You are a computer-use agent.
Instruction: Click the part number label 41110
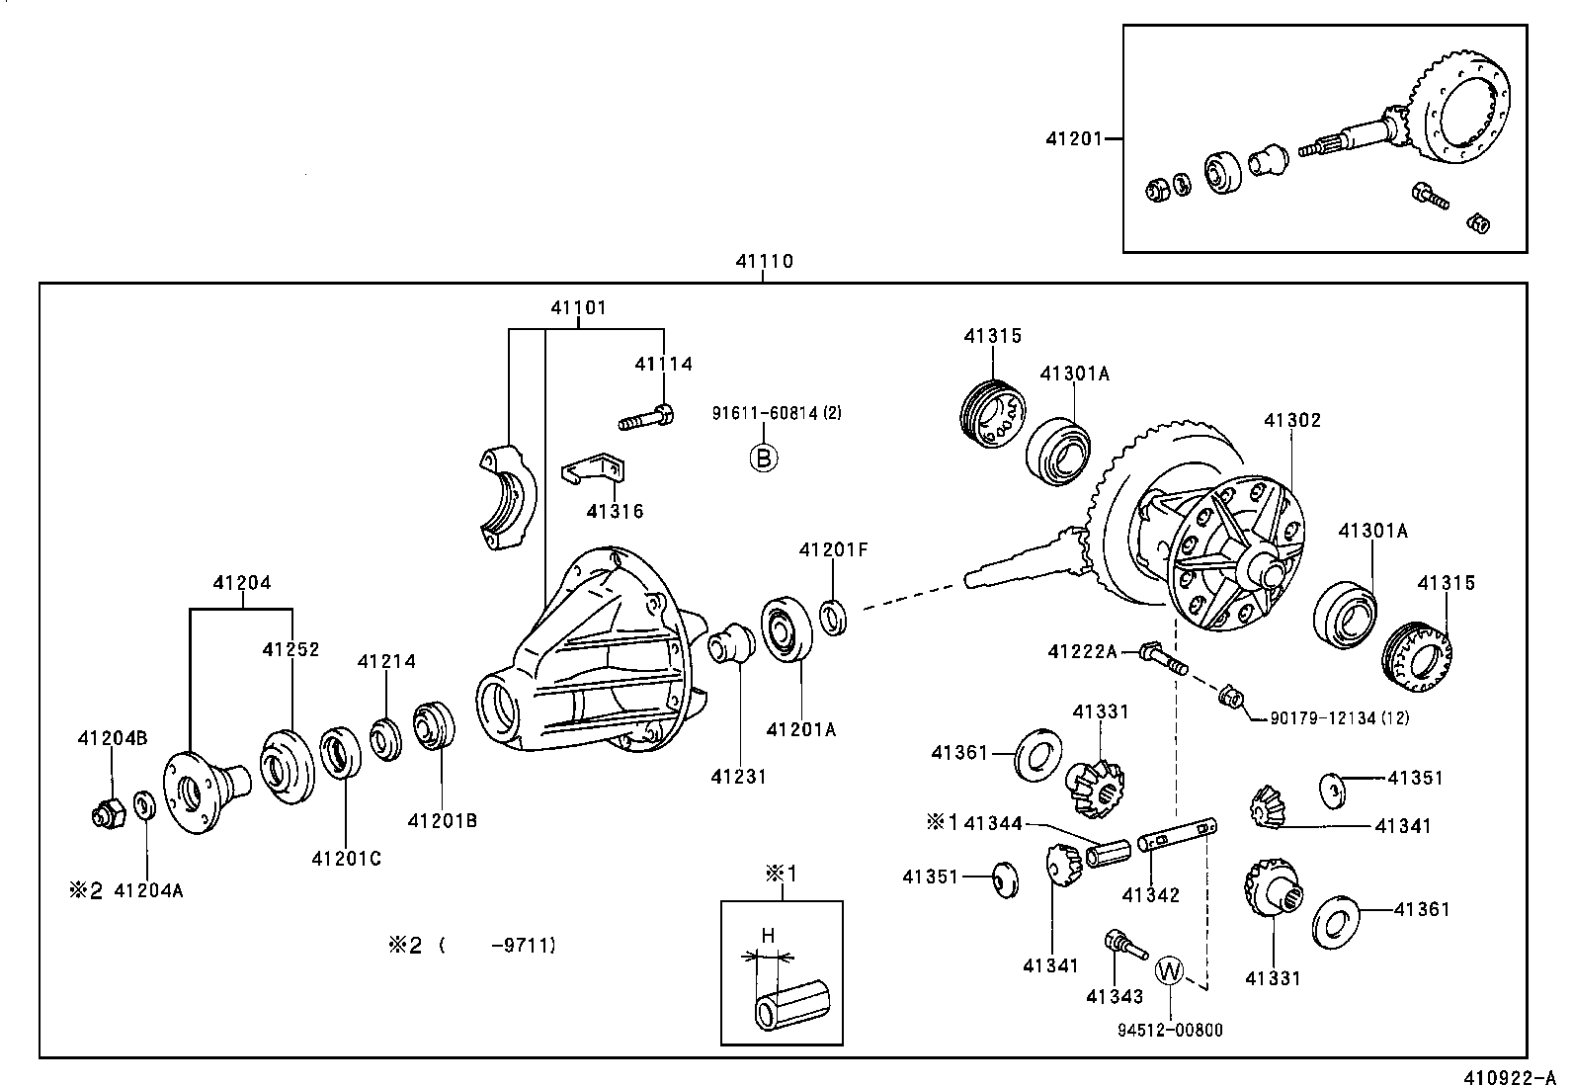coord(764,262)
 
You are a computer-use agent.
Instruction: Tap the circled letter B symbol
coord(763,458)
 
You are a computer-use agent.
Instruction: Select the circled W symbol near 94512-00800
coord(1169,970)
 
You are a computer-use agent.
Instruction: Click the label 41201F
coord(833,550)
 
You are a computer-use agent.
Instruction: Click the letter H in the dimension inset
coord(767,935)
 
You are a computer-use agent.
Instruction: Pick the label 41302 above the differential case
coord(1291,420)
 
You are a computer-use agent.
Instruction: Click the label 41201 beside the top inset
coord(1073,139)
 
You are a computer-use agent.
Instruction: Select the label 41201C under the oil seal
coord(345,859)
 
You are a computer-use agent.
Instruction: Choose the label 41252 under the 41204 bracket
coord(290,649)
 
